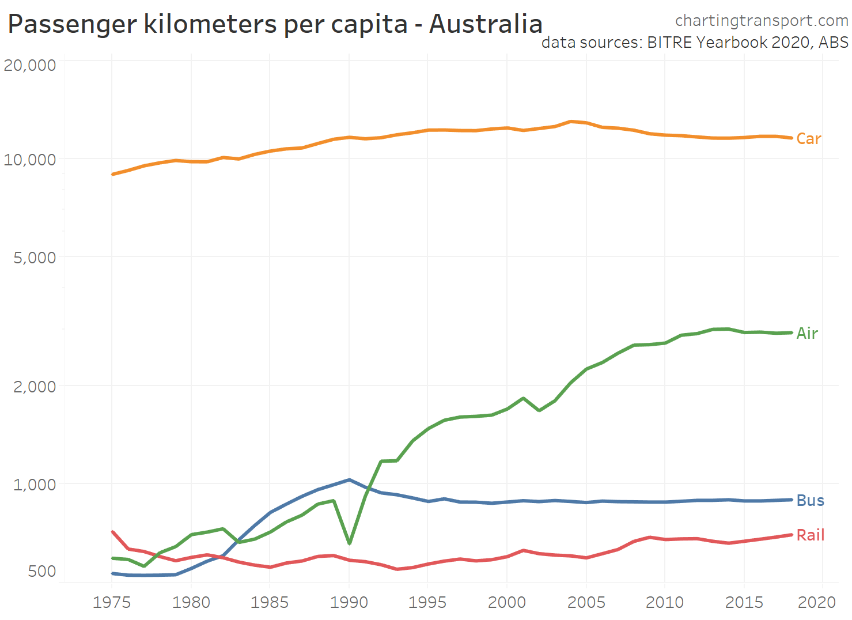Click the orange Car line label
pos(808,139)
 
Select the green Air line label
pos(807,334)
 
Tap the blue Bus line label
pos(810,501)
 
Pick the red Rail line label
pos(810,535)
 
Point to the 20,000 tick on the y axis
pos(30,65)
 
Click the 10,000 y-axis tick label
pos(30,160)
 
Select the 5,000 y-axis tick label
pos(35,258)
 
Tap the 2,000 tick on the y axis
pos(35,386)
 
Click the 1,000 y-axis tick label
pos(35,485)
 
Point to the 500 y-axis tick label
pos(42,571)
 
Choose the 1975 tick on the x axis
pos(112,603)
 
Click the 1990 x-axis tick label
pos(349,603)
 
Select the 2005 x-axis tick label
pos(586,603)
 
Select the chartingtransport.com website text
pos(762,21)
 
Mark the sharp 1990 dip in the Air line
pos(350,543)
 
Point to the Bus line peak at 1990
pos(349,480)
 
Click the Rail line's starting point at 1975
pos(113,532)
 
